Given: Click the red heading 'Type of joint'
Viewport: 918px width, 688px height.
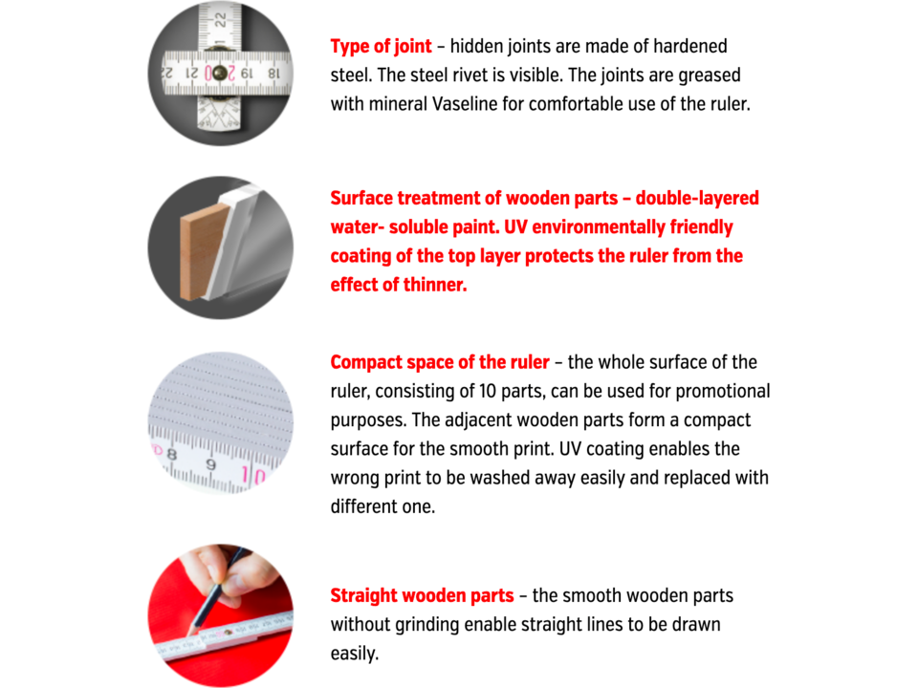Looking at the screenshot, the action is [382, 46].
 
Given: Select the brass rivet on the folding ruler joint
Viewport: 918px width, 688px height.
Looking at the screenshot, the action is [220, 74].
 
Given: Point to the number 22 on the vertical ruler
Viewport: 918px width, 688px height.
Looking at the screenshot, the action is [220, 20].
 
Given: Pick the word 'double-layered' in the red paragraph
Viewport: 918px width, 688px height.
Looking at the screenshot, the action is [697, 199].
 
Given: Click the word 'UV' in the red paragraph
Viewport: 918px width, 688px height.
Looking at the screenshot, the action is [515, 227].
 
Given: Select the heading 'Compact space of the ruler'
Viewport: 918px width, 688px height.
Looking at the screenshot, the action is [440, 362].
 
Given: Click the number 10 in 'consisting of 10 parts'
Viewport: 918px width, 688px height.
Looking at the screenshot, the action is [487, 391].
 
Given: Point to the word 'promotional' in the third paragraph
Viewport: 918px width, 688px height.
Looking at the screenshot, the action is [723, 391].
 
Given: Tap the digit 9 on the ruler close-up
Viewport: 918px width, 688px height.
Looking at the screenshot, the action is [210, 464].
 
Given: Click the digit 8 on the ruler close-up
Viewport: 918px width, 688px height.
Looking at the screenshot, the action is [171, 454].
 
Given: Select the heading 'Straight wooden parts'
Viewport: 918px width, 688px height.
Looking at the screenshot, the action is [422, 595].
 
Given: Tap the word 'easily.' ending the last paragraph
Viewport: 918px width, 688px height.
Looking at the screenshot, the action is [355, 654].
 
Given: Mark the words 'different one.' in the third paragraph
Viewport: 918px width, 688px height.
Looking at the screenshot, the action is [382, 506].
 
